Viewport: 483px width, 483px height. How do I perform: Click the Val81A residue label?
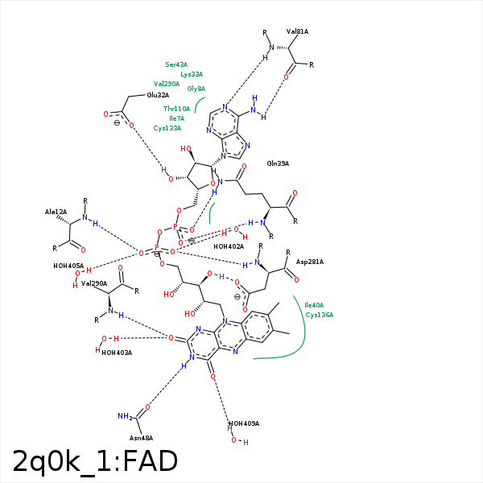[297, 31]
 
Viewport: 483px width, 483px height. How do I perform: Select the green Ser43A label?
[176, 64]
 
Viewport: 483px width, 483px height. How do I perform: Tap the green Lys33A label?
[192, 74]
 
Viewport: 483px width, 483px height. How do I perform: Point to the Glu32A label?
[158, 95]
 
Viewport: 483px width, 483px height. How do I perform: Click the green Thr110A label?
[176, 109]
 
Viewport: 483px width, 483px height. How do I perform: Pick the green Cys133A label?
[167, 128]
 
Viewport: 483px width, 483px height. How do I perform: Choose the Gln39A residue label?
[278, 163]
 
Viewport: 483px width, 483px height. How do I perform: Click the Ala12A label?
[56, 212]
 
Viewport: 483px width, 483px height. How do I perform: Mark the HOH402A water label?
[229, 246]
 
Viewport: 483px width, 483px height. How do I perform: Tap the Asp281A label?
[309, 262]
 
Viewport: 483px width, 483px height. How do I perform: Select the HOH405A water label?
[68, 266]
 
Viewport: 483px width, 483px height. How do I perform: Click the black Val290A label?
[94, 283]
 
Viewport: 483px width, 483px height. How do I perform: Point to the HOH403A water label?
[117, 353]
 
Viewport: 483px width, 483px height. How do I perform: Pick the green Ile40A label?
[313, 305]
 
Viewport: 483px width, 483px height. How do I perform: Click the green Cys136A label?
[319, 315]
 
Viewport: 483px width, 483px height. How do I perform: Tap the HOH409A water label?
[244, 423]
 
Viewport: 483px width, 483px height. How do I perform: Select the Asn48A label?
[141, 438]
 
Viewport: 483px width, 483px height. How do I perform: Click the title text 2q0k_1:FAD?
[95, 460]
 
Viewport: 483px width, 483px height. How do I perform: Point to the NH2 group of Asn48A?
[125, 416]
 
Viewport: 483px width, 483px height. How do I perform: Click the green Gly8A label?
[196, 89]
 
